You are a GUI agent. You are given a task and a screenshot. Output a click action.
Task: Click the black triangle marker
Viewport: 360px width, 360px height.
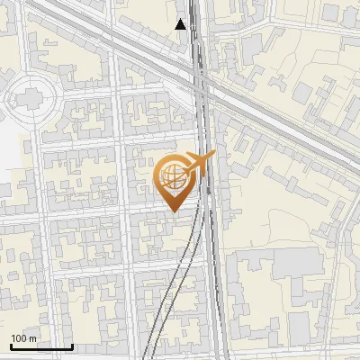181,24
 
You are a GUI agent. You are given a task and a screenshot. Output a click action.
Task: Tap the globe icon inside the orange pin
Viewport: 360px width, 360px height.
172,176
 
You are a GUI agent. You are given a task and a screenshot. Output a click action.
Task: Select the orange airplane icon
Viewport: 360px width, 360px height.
199,164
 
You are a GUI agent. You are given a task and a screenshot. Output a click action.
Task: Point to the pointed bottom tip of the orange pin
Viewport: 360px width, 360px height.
175,211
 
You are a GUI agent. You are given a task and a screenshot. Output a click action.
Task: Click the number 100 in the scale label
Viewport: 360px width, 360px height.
19,338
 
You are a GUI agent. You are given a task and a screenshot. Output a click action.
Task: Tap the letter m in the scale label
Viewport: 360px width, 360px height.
32,338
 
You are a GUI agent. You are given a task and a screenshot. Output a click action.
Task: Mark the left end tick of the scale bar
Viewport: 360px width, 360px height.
11,346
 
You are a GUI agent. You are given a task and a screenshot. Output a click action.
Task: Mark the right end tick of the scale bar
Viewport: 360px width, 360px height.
72,346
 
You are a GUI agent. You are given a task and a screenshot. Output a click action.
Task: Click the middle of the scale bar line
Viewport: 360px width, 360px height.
41,347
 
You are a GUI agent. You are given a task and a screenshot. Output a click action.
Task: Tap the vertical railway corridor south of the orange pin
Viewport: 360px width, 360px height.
214,270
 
